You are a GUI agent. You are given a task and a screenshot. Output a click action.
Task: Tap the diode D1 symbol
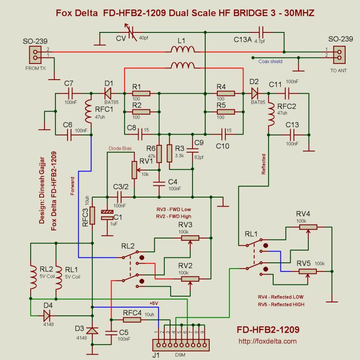pos(108,94)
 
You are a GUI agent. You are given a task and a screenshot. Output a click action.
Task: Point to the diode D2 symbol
pos(255,94)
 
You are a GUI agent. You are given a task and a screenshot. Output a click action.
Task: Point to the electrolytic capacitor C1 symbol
pos(107,215)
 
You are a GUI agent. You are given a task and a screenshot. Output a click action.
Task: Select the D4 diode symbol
pos(47,314)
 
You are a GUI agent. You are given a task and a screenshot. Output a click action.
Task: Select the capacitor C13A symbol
pos(262,31)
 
